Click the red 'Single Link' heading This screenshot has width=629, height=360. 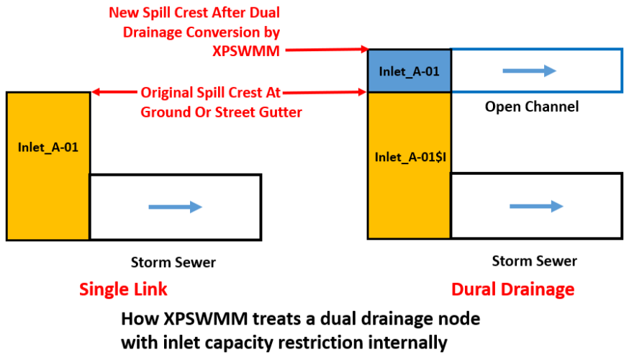point(123,289)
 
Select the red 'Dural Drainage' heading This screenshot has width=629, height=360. point(512,289)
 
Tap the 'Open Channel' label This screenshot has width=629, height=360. point(531,107)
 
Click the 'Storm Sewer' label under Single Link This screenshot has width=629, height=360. point(173,262)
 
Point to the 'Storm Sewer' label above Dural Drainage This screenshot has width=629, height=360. point(534,260)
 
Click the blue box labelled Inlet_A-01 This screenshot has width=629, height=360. point(409,71)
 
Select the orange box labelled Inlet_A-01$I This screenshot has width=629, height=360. point(409,157)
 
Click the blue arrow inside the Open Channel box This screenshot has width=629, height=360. point(530,71)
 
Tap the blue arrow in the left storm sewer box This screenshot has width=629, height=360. point(175,207)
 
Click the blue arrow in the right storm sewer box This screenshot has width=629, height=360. point(536,206)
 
